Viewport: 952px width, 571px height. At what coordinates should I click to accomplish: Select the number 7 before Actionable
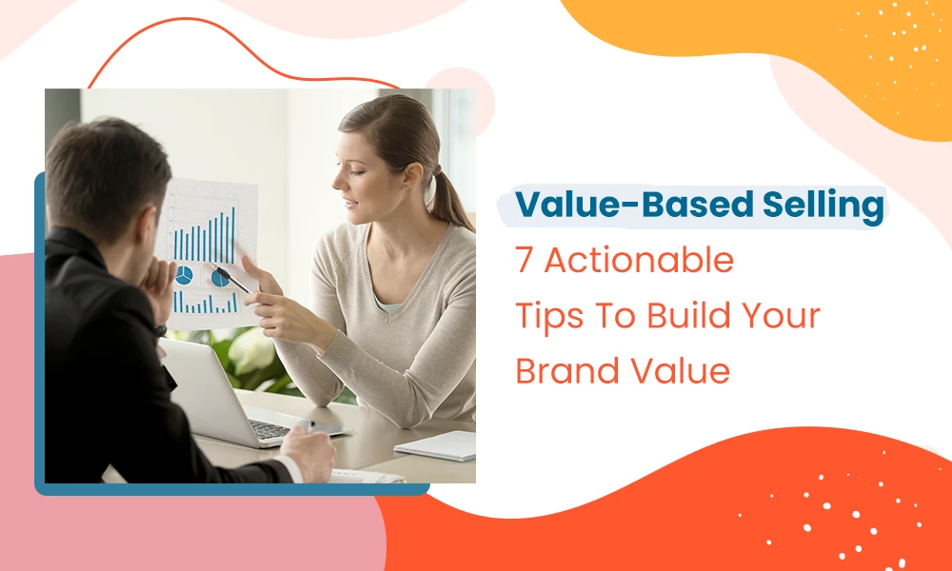click(525, 261)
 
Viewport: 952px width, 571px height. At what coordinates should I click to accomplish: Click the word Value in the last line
click(680, 371)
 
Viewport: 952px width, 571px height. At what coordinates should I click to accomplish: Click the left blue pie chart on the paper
click(184, 275)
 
